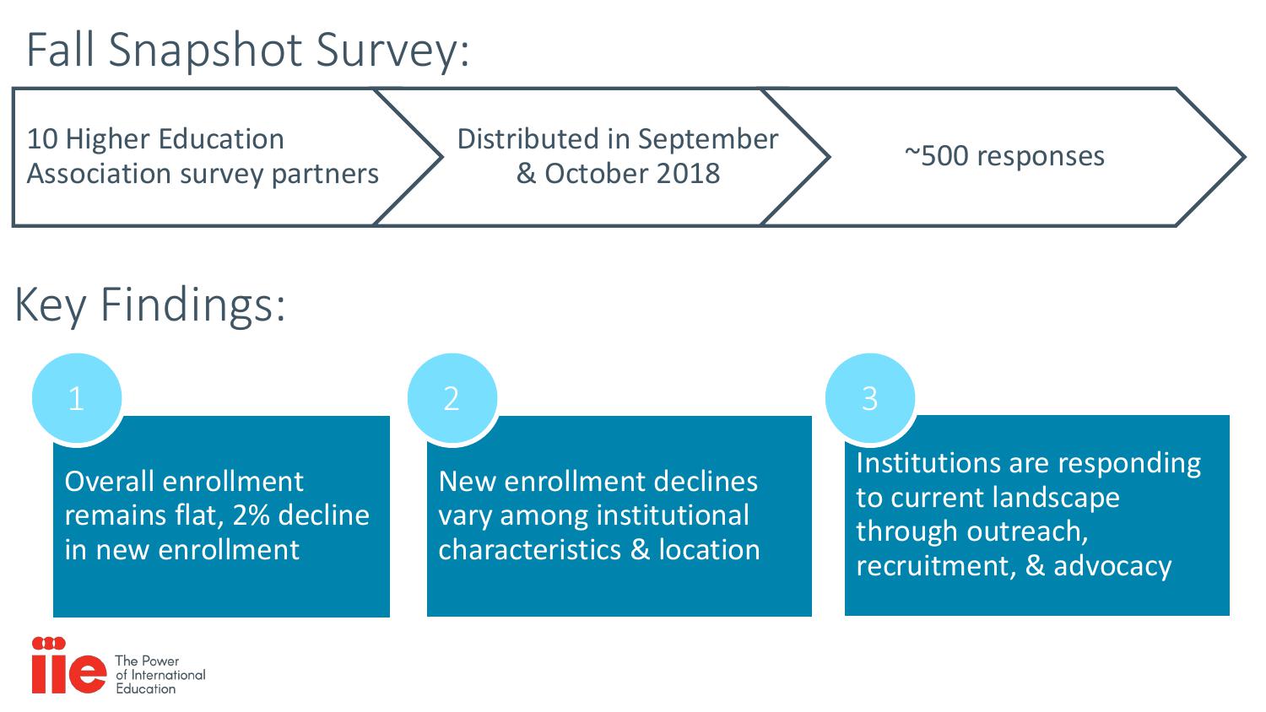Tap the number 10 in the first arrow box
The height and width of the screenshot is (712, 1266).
[42, 139]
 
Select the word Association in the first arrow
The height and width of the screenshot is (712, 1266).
[99, 174]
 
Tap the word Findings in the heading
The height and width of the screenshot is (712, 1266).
[192, 306]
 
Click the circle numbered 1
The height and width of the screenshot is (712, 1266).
[77, 398]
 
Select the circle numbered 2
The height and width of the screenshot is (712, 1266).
[452, 398]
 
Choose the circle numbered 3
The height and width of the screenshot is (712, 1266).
[870, 398]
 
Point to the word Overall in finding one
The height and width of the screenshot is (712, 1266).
[110, 482]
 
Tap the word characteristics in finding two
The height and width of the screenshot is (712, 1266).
[529, 550]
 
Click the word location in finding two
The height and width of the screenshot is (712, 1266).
[709, 550]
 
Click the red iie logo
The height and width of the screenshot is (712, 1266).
[69, 665]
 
